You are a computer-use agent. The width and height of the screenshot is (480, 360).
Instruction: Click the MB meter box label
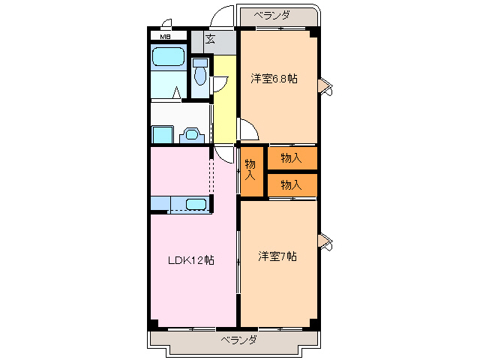(x=165, y=37)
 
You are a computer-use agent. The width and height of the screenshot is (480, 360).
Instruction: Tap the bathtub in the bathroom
(x=168, y=57)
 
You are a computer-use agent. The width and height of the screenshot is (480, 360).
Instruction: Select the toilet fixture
(x=200, y=72)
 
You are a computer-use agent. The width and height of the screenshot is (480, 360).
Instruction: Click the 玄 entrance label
(x=210, y=39)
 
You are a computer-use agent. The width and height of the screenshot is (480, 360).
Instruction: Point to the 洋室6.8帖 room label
(x=274, y=79)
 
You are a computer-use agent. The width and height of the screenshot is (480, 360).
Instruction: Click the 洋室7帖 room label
(x=277, y=256)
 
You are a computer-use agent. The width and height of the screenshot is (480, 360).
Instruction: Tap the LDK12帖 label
(x=191, y=260)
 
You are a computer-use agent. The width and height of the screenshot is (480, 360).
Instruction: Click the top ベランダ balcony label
(x=271, y=15)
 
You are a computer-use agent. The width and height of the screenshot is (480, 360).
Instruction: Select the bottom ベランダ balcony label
(x=238, y=340)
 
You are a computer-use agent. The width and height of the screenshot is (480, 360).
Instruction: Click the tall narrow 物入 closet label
(x=250, y=170)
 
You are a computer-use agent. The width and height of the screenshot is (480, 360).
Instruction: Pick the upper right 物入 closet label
(x=291, y=158)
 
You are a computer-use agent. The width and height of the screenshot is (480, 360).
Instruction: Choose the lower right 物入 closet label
(x=291, y=185)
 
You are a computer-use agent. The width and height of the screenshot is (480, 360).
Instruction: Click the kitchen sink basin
(x=196, y=204)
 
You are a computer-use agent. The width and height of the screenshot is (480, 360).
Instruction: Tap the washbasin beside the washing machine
(x=192, y=135)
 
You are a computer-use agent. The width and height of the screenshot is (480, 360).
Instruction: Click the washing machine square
(x=163, y=134)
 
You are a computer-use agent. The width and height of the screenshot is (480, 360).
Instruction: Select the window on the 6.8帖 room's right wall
(x=325, y=87)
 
